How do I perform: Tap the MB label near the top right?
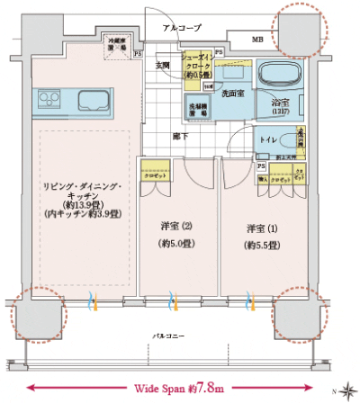[x=257, y=40]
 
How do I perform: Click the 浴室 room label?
[x=281, y=103]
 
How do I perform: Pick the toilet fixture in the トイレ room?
[x=288, y=139]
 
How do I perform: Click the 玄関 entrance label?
[x=164, y=65]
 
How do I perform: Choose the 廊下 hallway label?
[x=180, y=136]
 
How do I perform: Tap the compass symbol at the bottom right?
[x=347, y=390]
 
